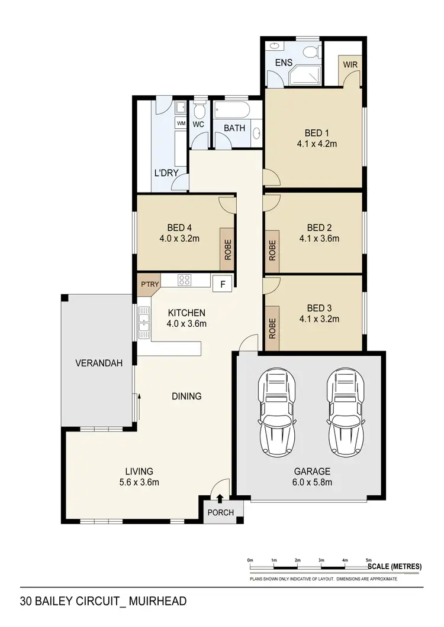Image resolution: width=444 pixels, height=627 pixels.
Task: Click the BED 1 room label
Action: click(x=318, y=132)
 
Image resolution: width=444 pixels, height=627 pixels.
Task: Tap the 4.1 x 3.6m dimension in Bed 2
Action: click(x=318, y=239)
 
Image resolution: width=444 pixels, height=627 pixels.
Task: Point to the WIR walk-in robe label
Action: click(x=350, y=64)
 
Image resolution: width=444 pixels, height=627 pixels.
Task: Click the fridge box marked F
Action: click(x=223, y=284)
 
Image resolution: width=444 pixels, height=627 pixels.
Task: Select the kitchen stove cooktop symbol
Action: click(x=184, y=281)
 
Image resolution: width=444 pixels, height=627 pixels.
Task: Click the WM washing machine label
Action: click(x=181, y=124)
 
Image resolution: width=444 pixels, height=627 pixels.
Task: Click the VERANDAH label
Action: click(x=99, y=363)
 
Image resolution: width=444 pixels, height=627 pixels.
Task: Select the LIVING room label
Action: click(x=139, y=472)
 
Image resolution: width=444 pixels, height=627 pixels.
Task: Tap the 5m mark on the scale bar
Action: click(x=368, y=560)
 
